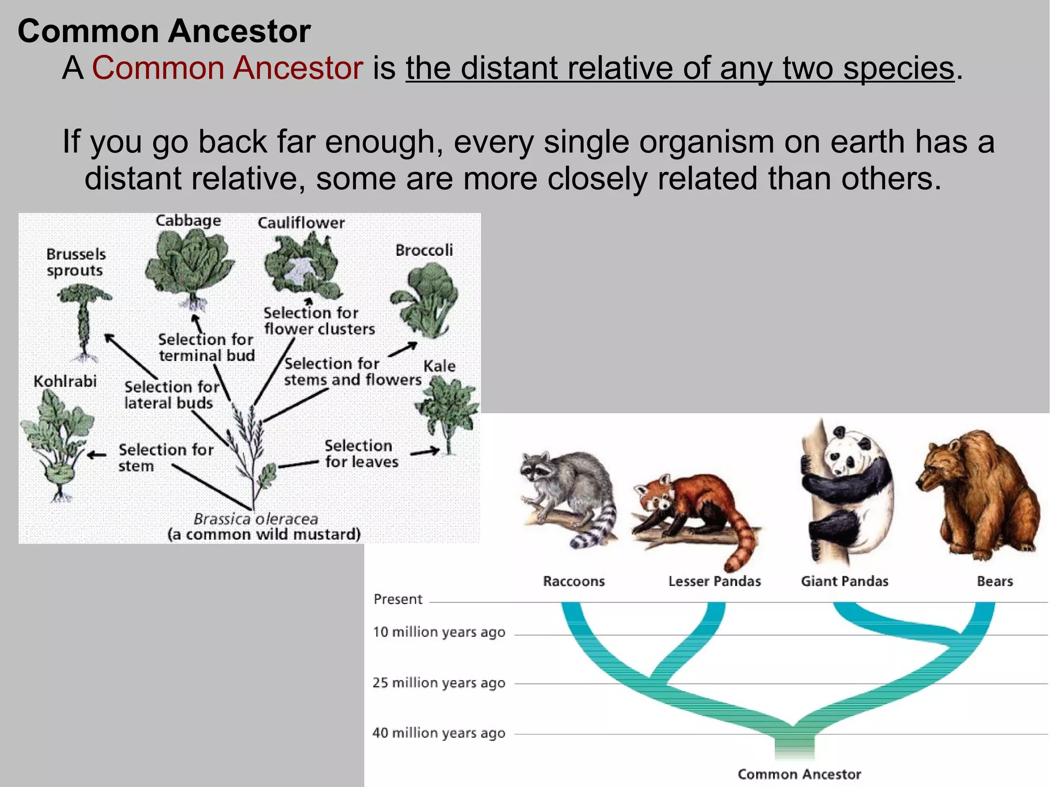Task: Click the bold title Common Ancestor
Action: point(164,31)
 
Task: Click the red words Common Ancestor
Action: point(228,68)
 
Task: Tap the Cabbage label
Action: point(188,220)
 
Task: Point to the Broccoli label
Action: point(424,250)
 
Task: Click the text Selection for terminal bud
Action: point(206,347)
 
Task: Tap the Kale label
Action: point(439,366)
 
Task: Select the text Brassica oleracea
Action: point(256,519)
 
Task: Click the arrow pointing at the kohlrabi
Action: point(96,455)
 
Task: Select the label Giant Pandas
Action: point(844,581)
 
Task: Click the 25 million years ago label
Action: point(439,683)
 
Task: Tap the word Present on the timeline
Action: point(398,599)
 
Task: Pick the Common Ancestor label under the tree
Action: point(799,774)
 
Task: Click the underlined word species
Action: point(898,68)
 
